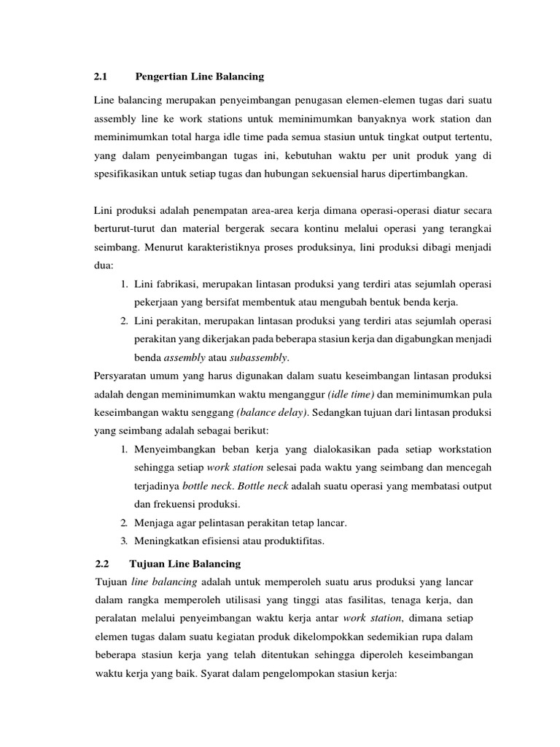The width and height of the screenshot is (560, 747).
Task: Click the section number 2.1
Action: [x=101, y=76]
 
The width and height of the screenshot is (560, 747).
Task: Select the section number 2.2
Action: [x=101, y=564]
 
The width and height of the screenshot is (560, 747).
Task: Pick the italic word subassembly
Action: [x=260, y=357]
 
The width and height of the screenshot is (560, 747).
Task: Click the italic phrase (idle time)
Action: [x=351, y=394]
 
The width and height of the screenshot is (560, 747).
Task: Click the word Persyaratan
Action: [x=126, y=376]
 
